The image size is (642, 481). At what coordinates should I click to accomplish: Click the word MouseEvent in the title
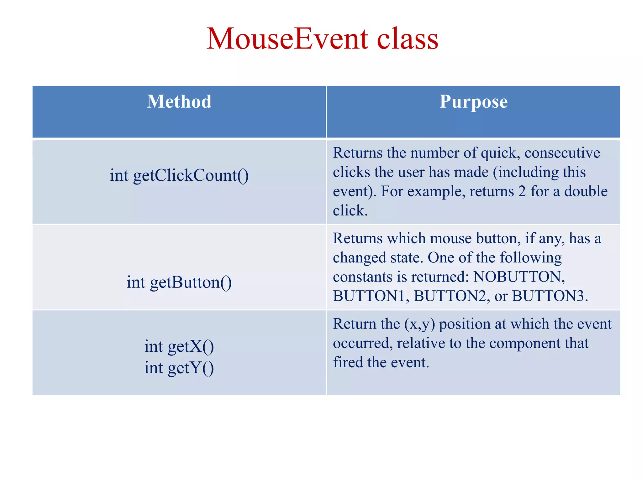point(287,39)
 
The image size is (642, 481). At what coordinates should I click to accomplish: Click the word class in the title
point(407,39)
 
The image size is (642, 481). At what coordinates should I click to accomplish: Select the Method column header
point(179,102)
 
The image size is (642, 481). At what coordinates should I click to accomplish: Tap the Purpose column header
point(473,102)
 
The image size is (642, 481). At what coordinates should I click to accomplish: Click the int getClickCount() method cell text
point(179,175)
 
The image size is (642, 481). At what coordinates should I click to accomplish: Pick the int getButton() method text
point(179,282)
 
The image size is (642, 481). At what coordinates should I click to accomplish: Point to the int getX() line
point(179,346)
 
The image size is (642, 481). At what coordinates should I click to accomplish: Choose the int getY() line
point(179,368)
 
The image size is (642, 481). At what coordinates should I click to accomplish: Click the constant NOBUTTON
point(519,277)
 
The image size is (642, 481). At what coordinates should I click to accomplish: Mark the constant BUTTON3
point(548,296)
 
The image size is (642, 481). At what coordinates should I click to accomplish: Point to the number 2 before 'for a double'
point(522,192)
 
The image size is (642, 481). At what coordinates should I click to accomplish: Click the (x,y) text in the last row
point(419,324)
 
